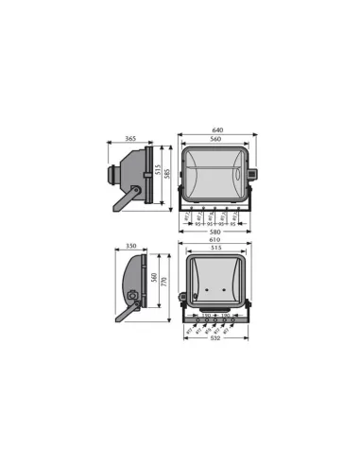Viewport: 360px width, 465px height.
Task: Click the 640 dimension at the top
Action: tap(217, 129)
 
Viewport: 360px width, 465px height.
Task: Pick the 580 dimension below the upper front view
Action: tap(217, 232)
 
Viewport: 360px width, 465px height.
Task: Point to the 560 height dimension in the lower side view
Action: tap(152, 280)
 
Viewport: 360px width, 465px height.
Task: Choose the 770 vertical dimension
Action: tap(163, 281)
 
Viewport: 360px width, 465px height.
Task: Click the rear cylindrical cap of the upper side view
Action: tap(118, 174)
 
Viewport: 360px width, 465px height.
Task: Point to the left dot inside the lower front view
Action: tap(211, 280)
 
